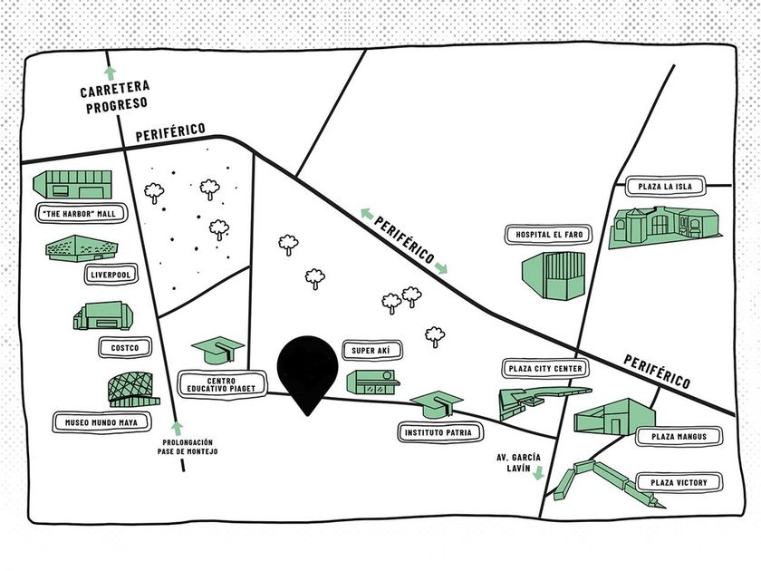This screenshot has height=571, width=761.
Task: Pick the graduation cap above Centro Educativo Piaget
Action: [217, 349]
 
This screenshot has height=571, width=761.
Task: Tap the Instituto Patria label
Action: [437, 433]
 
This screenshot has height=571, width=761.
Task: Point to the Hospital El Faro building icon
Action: [553, 276]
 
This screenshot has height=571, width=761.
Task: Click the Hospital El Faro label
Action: [549, 235]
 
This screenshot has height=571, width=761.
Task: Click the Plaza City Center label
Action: [545, 369]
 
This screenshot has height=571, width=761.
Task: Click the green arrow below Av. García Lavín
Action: [538, 473]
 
